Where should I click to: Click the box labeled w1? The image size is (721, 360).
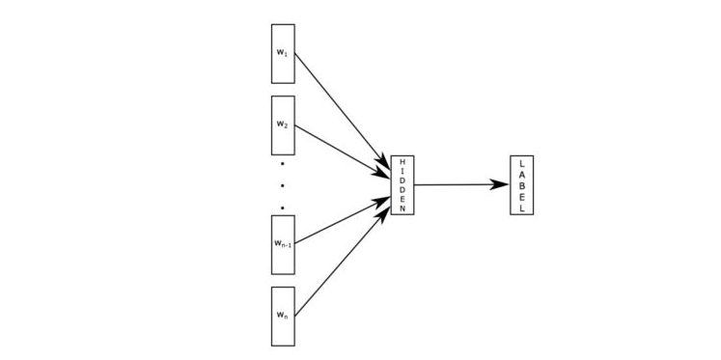(283, 53)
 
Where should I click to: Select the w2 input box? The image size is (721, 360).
(283, 125)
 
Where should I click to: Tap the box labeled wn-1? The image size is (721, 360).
(283, 244)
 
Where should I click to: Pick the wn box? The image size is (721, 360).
(283, 316)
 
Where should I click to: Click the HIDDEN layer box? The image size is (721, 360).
(402, 184)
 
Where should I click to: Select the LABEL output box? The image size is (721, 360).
(521, 184)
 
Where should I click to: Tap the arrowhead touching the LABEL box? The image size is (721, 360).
(501, 183)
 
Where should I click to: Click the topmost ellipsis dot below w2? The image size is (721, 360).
(283, 163)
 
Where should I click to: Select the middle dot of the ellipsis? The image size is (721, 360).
(283, 184)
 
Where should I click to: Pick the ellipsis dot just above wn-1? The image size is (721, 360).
(283, 207)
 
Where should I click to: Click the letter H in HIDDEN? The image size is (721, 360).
(402, 160)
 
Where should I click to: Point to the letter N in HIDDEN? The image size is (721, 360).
(402, 208)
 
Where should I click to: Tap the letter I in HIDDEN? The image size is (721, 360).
(402, 170)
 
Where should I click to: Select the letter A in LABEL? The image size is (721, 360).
(521, 173)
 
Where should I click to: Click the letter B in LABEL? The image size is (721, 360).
(521, 184)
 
